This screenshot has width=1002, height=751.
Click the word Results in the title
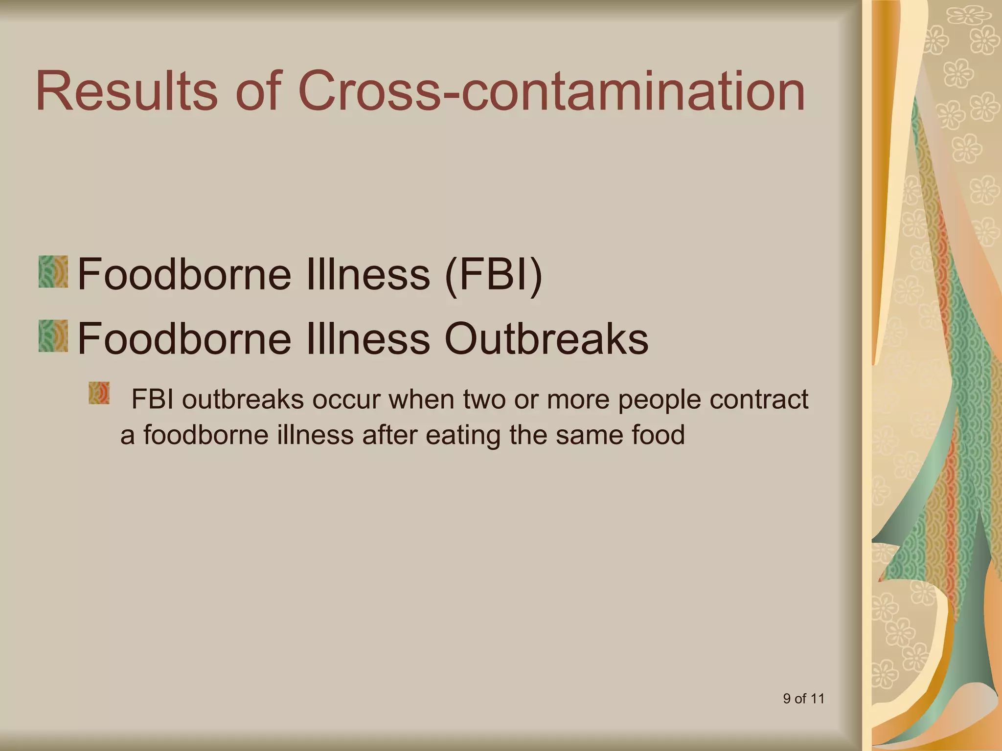[126, 91]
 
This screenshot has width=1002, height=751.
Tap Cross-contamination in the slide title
[551, 91]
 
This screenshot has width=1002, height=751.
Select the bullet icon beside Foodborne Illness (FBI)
[53, 272]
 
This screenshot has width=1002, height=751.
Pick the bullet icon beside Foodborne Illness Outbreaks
[53, 336]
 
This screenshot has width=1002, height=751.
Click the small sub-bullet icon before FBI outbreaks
[99, 394]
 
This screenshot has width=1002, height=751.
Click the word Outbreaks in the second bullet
[546, 338]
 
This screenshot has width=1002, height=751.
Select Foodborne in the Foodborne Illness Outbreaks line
[184, 338]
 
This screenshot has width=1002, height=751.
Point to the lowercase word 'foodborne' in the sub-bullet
[206, 435]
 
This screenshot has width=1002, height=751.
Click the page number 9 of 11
[803, 699]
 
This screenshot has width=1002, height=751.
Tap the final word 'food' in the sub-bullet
[658, 435]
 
